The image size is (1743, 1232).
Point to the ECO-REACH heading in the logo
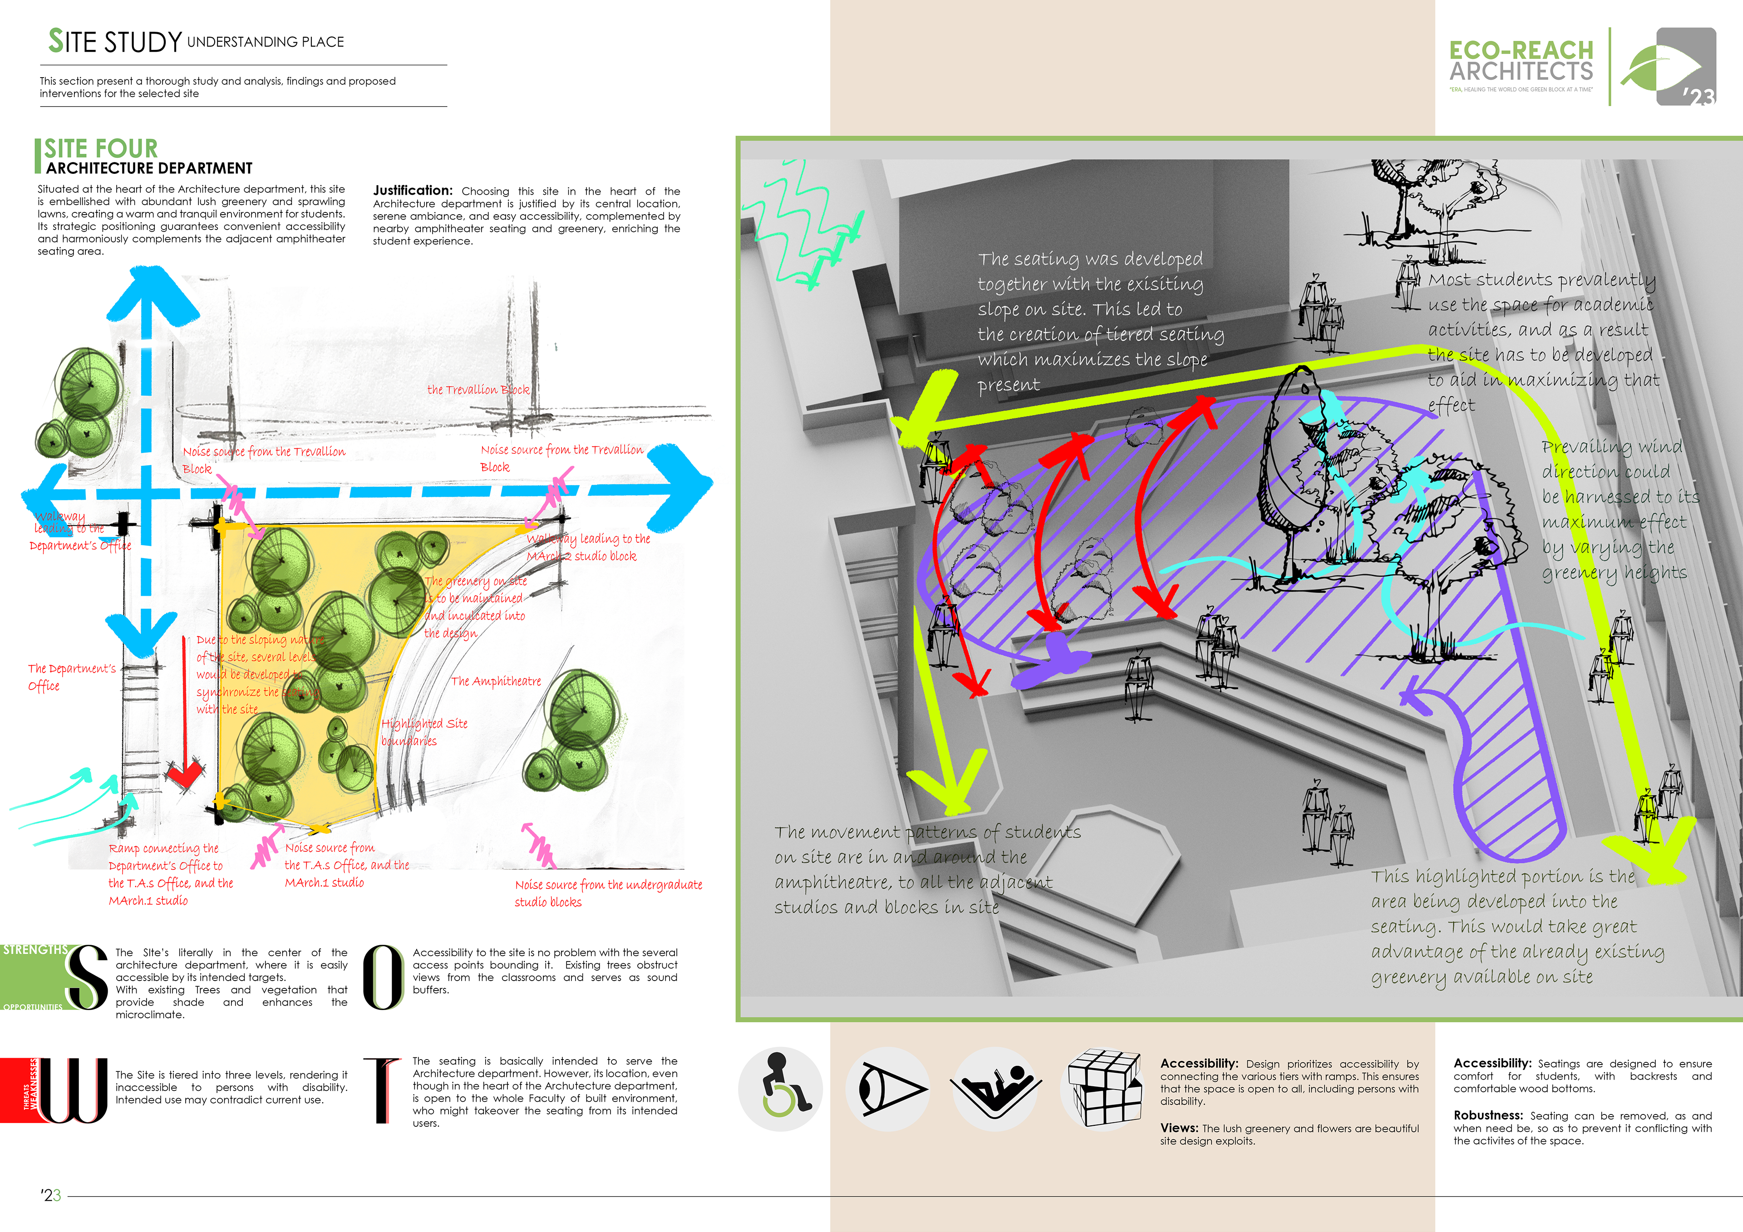pos(1521,50)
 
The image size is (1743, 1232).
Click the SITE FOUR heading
pos(100,148)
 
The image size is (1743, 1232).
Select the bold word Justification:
pos(412,191)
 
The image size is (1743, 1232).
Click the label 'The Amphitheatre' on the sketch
pos(496,681)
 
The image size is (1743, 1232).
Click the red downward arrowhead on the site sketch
pos(184,774)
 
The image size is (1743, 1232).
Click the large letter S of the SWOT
pos(86,977)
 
